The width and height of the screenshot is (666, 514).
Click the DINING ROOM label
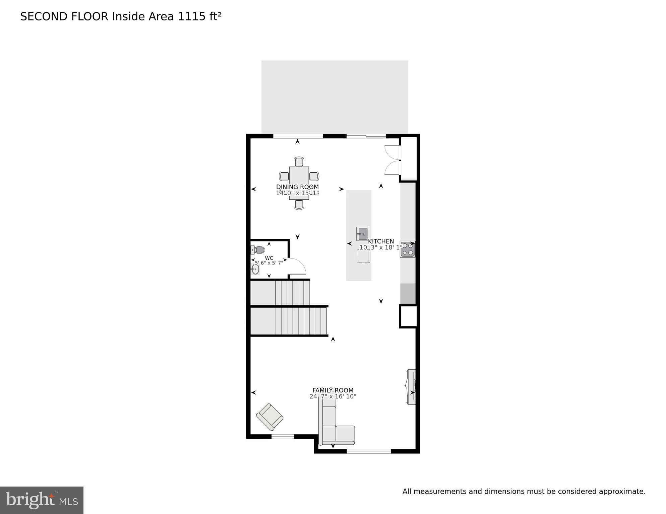(297, 187)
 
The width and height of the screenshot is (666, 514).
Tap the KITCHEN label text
(381, 241)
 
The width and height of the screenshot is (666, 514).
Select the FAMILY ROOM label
(333, 390)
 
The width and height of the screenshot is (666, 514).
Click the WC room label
(269, 258)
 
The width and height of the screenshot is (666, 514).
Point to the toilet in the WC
(258, 250)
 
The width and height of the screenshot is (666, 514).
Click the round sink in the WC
(255, 269)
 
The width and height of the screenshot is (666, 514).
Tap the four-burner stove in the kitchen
(408, 249)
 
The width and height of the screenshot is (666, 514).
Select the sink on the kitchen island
(362, 234)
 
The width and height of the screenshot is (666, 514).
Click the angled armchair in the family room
(270, 417)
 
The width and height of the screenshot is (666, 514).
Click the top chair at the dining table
(299, 162)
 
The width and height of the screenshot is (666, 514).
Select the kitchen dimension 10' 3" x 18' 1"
(381, 247)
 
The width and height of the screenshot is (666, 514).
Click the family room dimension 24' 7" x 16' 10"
(333, 396)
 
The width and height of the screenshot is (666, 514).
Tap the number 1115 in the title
(192, 16)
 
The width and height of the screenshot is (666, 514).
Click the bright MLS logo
(42, 500)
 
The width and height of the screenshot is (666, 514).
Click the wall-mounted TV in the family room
(412, 387)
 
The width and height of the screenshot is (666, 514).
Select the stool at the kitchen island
(363, 256)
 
